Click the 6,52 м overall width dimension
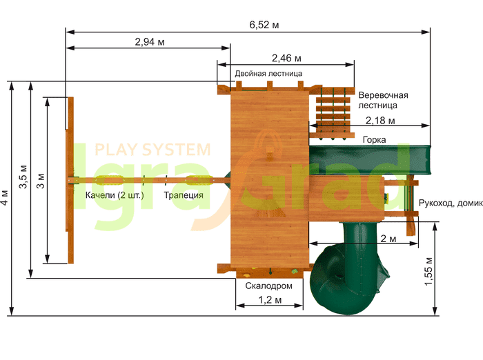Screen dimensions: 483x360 (264, 25)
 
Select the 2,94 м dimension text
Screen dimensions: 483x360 (150, 41)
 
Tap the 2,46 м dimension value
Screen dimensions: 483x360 (286, 58)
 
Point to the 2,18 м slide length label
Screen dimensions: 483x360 (380, 121)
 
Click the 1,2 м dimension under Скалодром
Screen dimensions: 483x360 (270, 299)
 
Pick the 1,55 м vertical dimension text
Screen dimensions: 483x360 (428, 271)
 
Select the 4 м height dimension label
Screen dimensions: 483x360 (5, 197)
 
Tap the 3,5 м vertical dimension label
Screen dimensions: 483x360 (23, 177)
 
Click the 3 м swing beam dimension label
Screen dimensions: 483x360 (40, 181)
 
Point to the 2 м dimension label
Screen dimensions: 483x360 (388, 239)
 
